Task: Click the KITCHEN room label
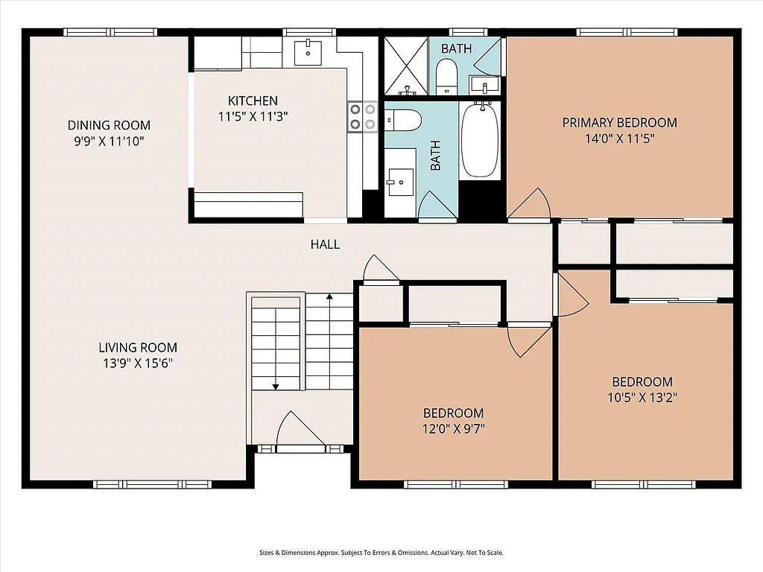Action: click(x=253, y=101)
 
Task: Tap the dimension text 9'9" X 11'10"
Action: click(x=109, y=140)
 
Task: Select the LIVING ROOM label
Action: click(x=138, y=347)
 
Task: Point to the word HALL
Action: click(x=325, y=244)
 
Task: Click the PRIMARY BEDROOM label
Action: click(x=619, y=122)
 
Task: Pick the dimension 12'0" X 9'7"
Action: click(x=454, y=428)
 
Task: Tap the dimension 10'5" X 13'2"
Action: click(x=642, y=397)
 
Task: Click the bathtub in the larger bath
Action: click(x=479, y=140)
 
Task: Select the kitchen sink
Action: click(x=307, y=51)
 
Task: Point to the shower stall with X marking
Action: click(x=406, y=66)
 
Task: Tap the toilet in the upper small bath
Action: click(x=446, y=76)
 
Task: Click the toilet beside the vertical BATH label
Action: click(x=403, y=120)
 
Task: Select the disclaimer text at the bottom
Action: click(x=381, y=553)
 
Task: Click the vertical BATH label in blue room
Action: click(x=436, y=156)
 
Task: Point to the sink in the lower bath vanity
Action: click(x=400, y=179)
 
